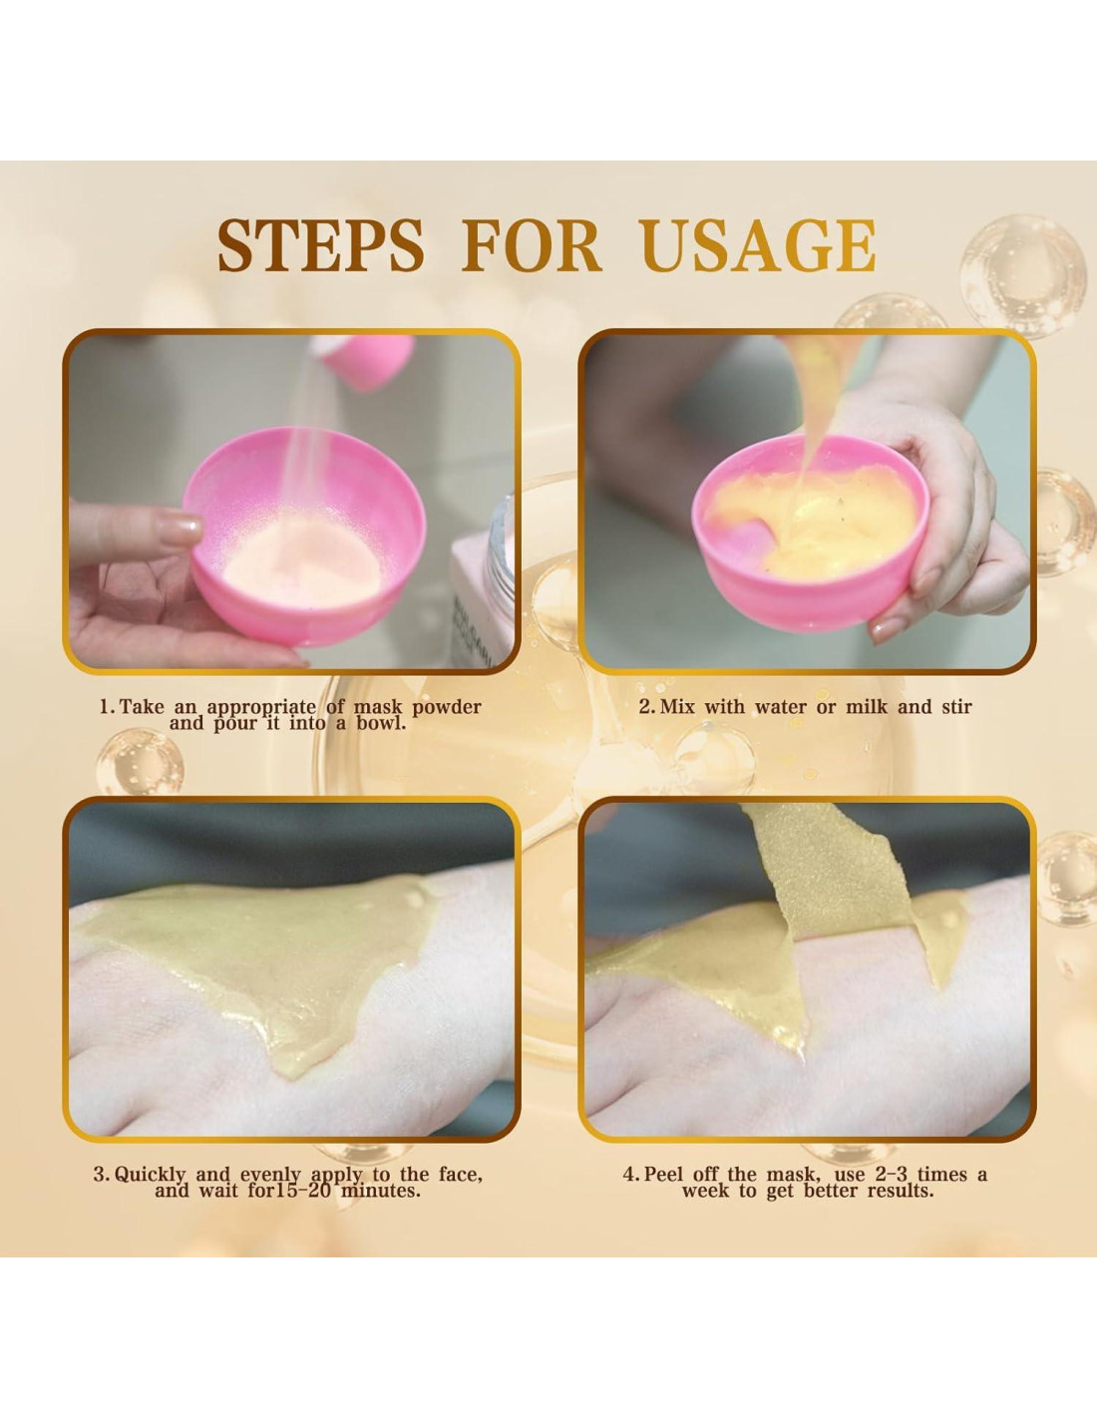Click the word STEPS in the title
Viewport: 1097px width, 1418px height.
pos(320,245)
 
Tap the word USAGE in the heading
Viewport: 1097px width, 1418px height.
pos(758,245)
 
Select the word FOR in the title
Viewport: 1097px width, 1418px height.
pos(531,245)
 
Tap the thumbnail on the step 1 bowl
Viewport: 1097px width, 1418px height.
pos(178,528)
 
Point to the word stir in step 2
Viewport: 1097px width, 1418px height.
pos(957,707)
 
